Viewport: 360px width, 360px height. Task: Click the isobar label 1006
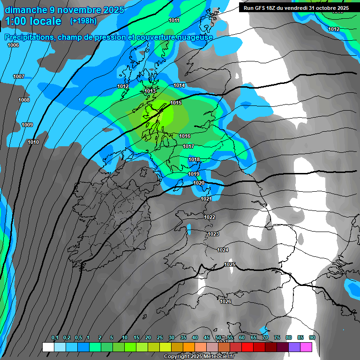[13, 45]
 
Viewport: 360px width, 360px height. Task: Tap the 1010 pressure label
[33, 142]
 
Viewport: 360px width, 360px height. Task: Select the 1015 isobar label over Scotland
[176, 103]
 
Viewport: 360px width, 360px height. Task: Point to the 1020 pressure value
[199, 183]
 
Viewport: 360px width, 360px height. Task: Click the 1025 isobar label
[230, 265]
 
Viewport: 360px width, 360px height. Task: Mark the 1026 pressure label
[225, 301]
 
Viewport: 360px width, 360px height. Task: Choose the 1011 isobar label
[174, 20]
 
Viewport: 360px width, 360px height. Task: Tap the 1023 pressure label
[213, 234]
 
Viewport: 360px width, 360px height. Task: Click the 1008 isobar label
[24, 100]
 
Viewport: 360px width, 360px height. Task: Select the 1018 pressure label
[194, 160]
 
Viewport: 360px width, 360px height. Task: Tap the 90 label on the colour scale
[312, 337]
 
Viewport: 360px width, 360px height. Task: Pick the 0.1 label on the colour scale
[55, 337]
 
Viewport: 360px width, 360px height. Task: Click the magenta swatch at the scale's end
[306, 347]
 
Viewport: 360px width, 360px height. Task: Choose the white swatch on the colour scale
[48, 347]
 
